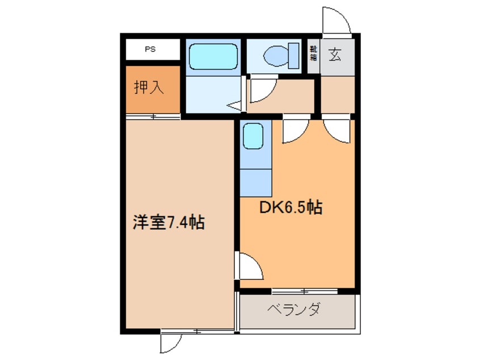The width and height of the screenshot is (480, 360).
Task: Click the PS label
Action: pyautogui.click(x=150, y=49)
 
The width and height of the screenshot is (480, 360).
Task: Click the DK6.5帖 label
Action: pyautogui.click(x=290, y=208)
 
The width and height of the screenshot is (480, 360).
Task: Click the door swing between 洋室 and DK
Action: pyautogui.click(x=250, y=266)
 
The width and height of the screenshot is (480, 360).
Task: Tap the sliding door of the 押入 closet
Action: pyautogui.click(x=153, y=116)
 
